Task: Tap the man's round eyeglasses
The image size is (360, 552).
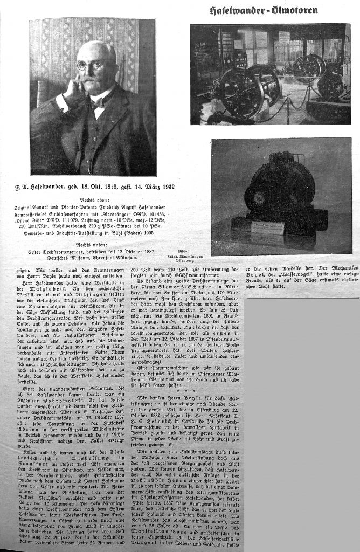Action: (89, 65)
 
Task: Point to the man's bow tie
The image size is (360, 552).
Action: (97, 101)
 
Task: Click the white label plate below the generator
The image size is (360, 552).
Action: (268, 226)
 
